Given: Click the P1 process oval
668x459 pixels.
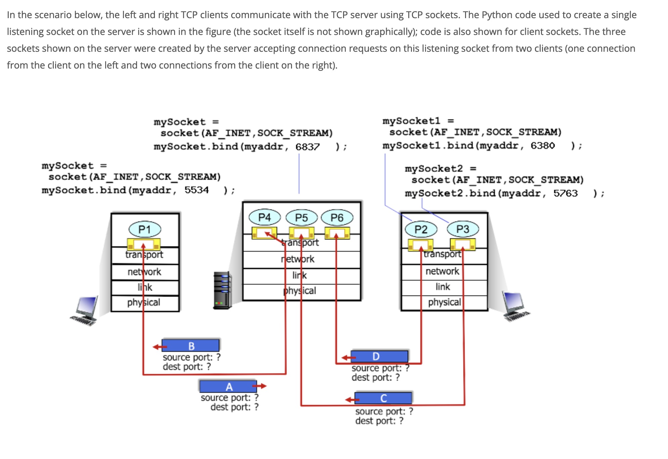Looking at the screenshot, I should point(145,229).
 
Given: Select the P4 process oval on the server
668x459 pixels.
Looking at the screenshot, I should point(264,217).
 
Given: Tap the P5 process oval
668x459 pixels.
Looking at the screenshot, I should point(301,218).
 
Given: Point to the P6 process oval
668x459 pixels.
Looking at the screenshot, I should point(337,218).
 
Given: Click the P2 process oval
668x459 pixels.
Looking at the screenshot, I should point(421,229).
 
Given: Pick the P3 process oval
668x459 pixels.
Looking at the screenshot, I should point(463,229).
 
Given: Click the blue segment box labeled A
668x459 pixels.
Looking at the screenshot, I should point(228,386).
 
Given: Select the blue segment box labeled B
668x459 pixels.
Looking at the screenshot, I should point(191,346).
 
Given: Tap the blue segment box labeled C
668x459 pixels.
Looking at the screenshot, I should point(383,398).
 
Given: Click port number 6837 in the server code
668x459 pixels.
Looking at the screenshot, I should point(307,147).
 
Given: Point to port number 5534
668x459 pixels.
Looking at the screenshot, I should point(197,190).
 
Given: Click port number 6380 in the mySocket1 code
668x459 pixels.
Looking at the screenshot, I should point(543,145).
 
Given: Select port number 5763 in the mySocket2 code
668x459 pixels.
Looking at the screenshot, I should point(566,193).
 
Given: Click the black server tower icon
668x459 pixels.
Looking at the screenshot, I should point(222,290).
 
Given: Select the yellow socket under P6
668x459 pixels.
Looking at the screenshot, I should point(337,233).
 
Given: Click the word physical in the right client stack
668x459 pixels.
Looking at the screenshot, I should point(444,302).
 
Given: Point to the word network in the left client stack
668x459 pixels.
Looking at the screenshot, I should point(144,272).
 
